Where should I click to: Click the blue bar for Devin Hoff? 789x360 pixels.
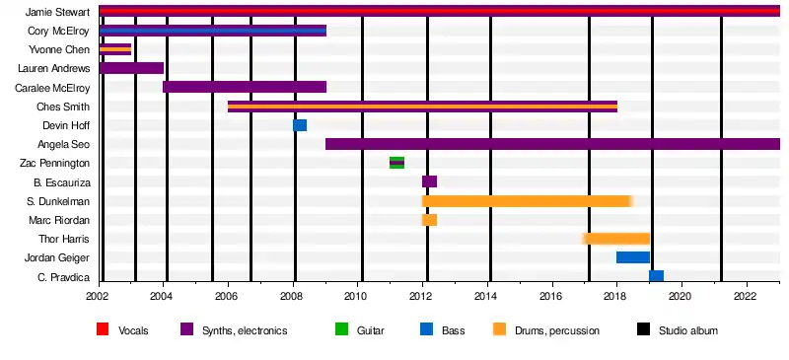pos(300,125)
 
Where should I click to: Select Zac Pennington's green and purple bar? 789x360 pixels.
pos(397,163)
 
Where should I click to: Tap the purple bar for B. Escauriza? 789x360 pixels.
pos(429,181)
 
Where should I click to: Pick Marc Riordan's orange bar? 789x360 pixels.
pos(429,220)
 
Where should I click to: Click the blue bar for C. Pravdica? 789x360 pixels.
pos(656,276)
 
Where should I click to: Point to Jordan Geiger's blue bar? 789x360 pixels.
pos(633,257)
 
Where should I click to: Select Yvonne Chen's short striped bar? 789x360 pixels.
pos(115,49)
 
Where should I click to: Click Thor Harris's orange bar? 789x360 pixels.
pos(616,238)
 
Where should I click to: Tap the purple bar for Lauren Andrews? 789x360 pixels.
pos(131,68)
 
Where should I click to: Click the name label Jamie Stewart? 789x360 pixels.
pos(57,12)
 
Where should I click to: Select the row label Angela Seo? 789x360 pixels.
pos(63,145)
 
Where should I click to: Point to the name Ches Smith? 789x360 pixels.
pos(63,107)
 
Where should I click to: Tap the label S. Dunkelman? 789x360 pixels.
pos(59,201)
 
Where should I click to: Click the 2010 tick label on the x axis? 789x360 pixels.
pos(357,295)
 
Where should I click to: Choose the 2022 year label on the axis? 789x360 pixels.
pos(748,295)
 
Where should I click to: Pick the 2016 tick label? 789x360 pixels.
pos(552,295)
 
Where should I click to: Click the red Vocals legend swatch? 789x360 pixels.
pos(103,329)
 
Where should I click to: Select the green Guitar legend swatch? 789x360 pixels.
pos(341,329)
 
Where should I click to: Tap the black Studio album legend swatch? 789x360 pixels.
pos(643,329)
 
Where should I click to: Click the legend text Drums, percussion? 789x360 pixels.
pos(557,330)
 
